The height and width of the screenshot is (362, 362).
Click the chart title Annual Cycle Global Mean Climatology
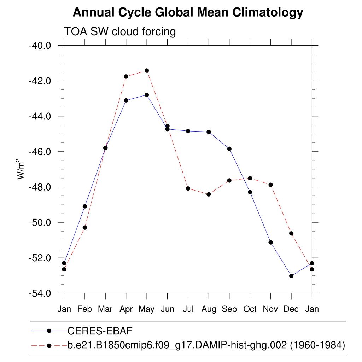188,13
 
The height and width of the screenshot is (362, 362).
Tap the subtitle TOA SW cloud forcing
119,31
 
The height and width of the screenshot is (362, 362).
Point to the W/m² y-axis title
21,169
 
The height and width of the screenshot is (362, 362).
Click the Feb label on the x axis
85,309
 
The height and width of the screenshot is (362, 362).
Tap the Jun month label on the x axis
167,309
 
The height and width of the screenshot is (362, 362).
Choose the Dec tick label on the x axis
291,309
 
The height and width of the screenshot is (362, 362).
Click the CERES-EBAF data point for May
147,95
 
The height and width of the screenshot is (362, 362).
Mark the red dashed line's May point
147,70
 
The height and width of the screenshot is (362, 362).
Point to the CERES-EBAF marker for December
291,276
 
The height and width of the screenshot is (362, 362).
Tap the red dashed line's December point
291,233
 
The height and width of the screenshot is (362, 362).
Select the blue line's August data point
209,132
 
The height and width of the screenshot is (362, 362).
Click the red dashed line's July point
188,188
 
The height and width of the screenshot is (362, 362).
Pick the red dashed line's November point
270,185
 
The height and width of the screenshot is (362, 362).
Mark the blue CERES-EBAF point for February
85,206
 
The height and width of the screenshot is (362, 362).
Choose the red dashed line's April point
126,76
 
